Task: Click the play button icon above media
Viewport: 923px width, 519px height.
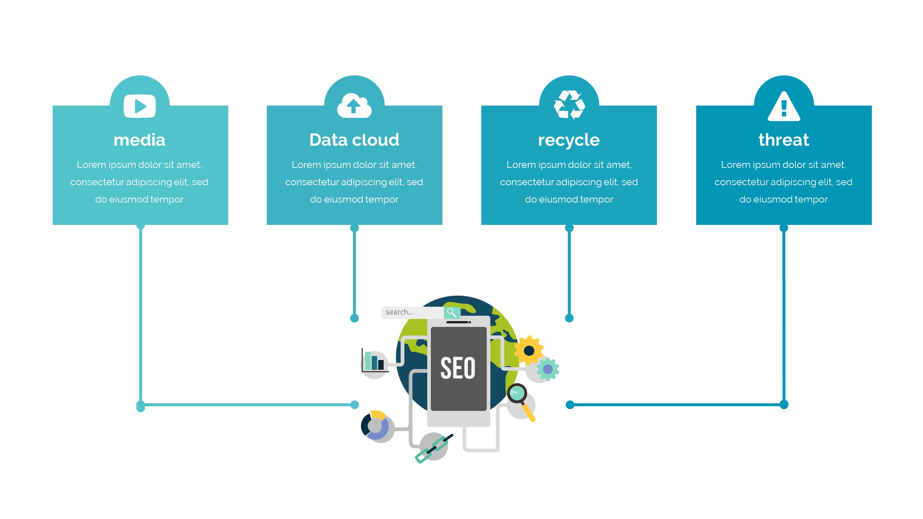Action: (140, 106)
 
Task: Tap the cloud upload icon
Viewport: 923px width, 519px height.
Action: (354, 106)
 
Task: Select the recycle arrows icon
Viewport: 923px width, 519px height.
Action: (569, 105)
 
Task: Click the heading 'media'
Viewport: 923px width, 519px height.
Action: (140, 140)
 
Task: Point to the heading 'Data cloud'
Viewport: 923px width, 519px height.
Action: (354, 140)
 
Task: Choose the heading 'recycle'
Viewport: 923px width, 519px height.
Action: (569, 140)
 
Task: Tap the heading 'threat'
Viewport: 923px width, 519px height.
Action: (783, 140)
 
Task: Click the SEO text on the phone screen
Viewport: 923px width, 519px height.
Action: (458, 368)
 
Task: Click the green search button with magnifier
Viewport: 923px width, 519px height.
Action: (452, 312)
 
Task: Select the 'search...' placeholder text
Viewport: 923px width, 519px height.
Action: (399, 312)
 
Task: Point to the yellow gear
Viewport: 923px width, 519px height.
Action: (529, 350)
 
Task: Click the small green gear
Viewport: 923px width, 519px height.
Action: (548, 369)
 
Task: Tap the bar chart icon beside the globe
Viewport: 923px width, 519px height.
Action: (374, 361)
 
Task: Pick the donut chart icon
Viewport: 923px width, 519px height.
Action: (375, 426)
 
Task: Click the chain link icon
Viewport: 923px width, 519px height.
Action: (434, 448)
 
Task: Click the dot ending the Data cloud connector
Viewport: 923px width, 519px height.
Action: (354, 318)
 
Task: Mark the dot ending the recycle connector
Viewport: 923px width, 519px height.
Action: (569, 318)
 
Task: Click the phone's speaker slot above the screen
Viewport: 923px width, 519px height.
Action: (458, 322)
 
